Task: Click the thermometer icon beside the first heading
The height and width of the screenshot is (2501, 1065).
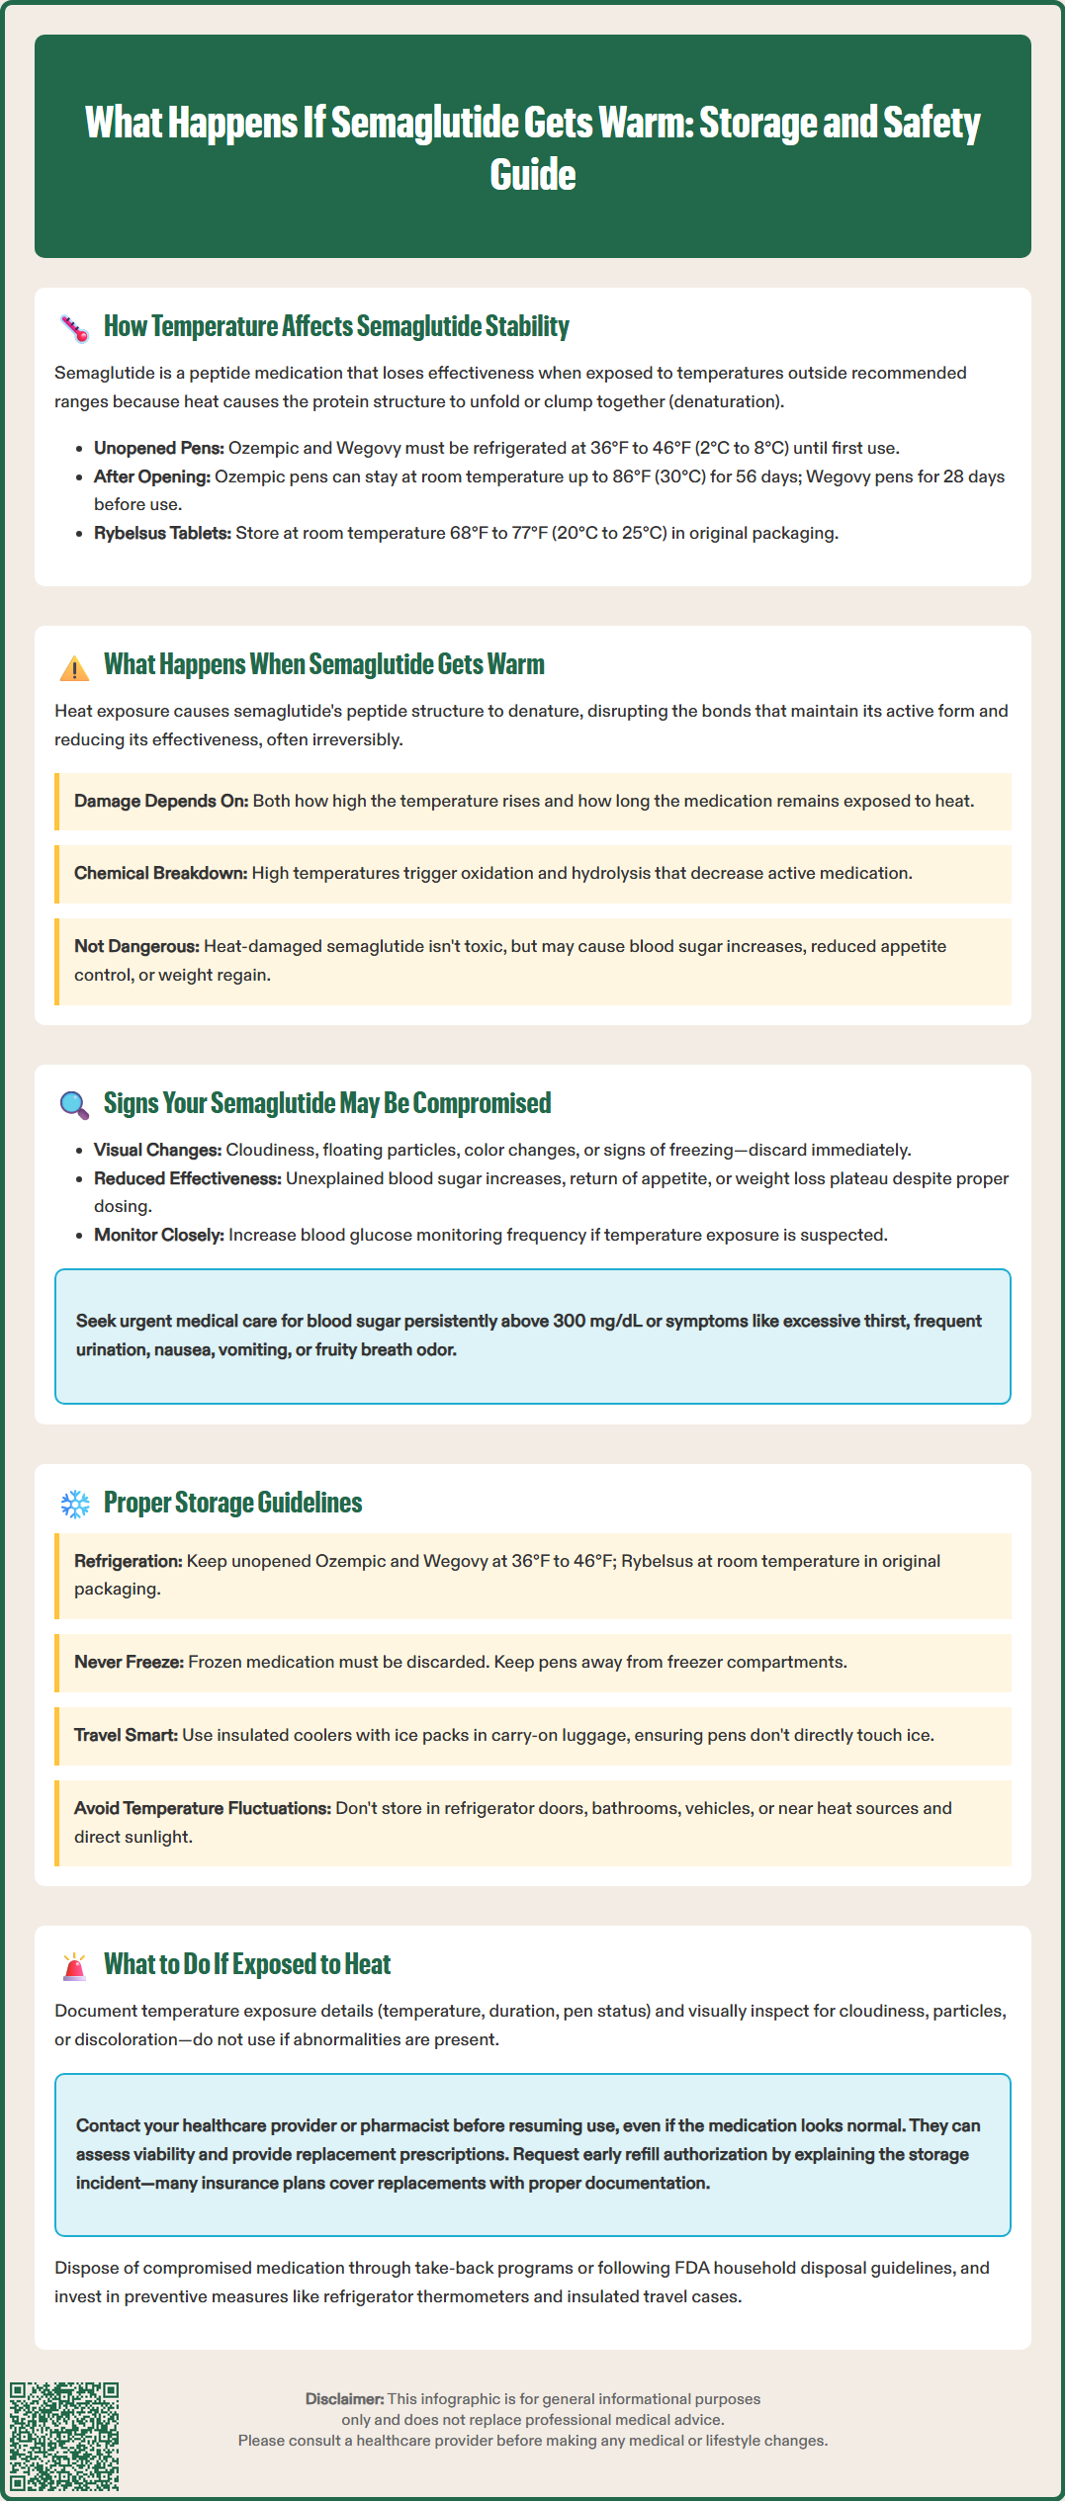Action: tap(75, 328)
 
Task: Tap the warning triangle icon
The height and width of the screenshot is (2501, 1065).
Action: tap(74, 668)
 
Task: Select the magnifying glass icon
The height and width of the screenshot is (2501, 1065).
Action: tap(74, 1105)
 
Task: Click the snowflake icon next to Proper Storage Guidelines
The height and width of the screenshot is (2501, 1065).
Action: tap(75, 1505)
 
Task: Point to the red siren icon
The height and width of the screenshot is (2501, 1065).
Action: tap(74, 1965)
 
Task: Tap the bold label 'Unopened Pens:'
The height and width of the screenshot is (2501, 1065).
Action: tap(158, 448)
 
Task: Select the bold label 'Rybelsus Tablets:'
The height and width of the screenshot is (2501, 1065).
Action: tap(162, 533)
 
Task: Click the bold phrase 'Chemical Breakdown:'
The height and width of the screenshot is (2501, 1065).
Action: tap(160, 873)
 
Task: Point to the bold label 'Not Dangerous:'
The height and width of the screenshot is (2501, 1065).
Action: tap(136, 946)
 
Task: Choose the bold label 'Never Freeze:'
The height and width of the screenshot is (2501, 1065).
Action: tap(129, 1662)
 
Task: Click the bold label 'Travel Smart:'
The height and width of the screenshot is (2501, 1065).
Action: tap(126, 1735)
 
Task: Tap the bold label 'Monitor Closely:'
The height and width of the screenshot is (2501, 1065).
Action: tap(159, 1235)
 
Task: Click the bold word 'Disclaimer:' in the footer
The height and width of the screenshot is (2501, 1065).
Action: tap(344, 2399)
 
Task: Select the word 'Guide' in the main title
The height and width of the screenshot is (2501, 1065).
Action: tap(532, 175)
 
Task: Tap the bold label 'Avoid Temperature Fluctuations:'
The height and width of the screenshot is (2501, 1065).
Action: tap(203, 1808)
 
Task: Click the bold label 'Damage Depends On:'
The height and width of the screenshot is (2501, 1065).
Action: tap(161, 801)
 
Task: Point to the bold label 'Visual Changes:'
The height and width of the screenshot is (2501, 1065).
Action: tap(157, 1150)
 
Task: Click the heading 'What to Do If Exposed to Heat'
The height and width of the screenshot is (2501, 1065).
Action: tap(247, 1964)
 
